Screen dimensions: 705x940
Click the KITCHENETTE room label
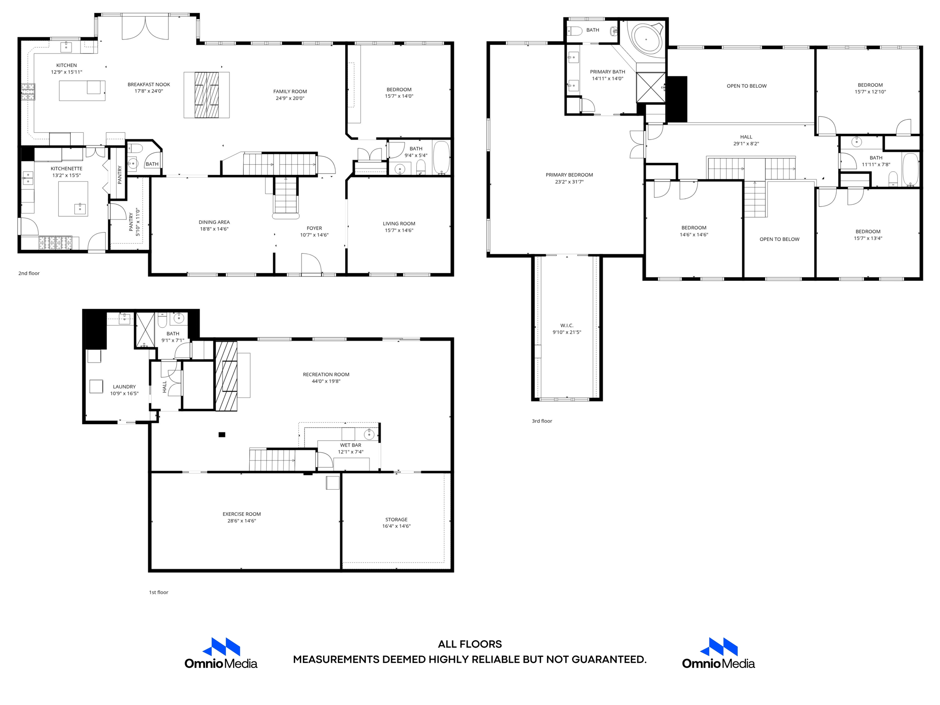[x=67, y=168]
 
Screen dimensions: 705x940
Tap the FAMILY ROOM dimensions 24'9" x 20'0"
[x=290, y=98]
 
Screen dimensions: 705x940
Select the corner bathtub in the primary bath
[x=647, y=39]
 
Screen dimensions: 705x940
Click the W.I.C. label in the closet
[x=567, y=325]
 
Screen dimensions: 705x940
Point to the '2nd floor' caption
[x=29, y=273]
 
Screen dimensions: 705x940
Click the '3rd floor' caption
[x=542, y=421]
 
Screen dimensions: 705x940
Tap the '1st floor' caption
[x=158, y=592]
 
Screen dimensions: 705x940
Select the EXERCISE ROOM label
[x=241, y=514]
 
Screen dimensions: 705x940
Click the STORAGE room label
[x=396, y=520]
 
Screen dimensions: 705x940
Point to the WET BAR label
[x=350, y=445]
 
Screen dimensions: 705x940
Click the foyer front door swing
[x=311, y=263]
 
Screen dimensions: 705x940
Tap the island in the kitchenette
[x=73, y=198]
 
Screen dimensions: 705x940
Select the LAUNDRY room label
[x=124, y=386]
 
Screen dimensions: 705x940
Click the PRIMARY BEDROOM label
[x=569, y=175]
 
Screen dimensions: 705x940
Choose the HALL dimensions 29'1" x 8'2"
[x=746, y=144]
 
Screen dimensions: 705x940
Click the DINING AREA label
[x=214, y=222]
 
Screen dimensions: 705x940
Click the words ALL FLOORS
[x=470, y=644]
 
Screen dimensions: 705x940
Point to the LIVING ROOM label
[x=399, y=224]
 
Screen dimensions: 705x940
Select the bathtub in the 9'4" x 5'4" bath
[x=442, y=157]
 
